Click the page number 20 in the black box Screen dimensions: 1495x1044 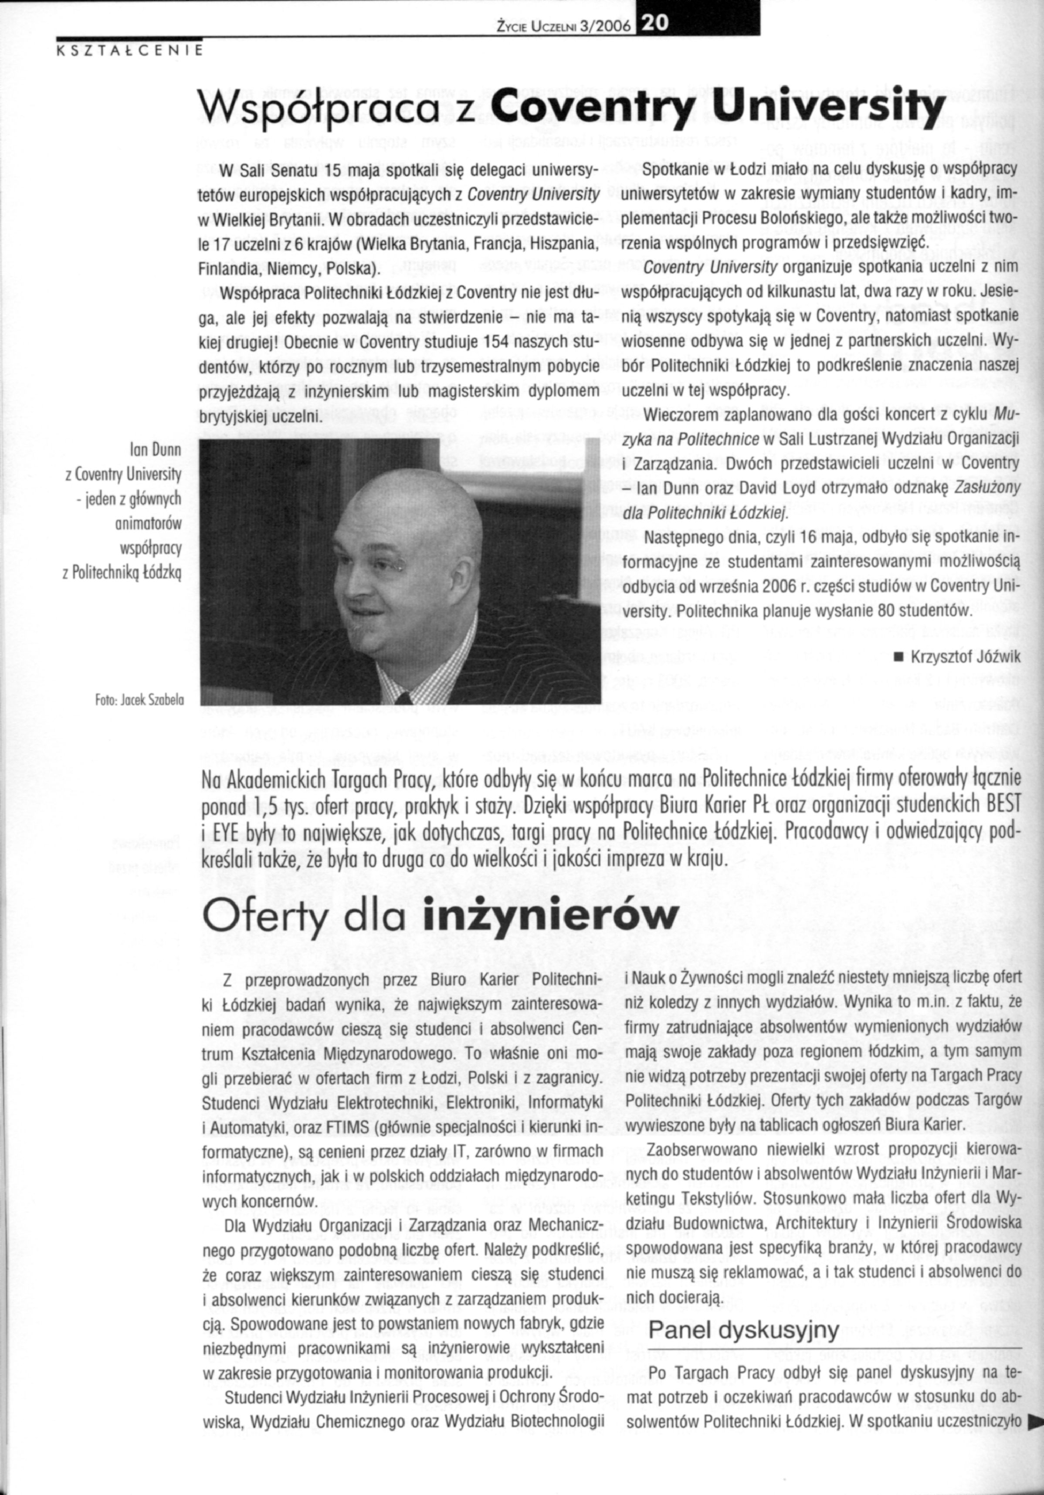tap(651, 24)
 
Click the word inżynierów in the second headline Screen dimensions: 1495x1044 tap(550, 918)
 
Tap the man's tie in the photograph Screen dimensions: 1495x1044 tap(404, 698)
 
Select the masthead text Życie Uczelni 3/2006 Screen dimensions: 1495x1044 tap(565, 26)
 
